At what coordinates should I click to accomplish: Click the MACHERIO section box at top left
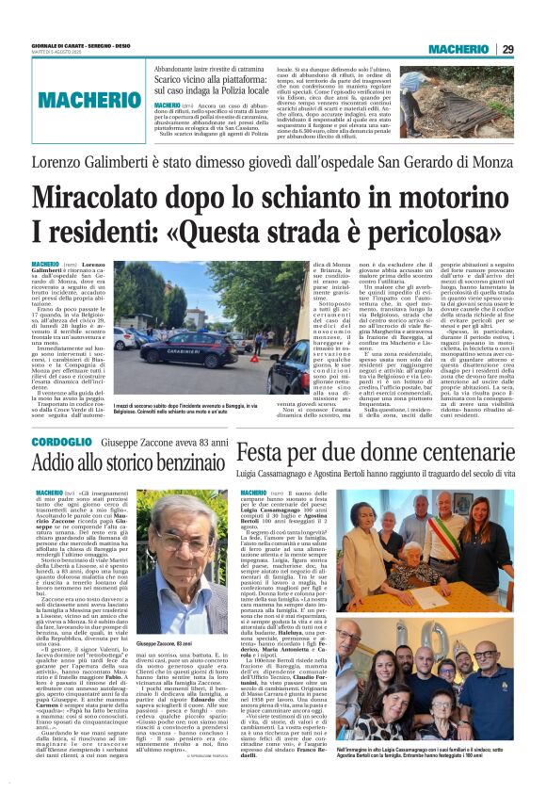[76, 99]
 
